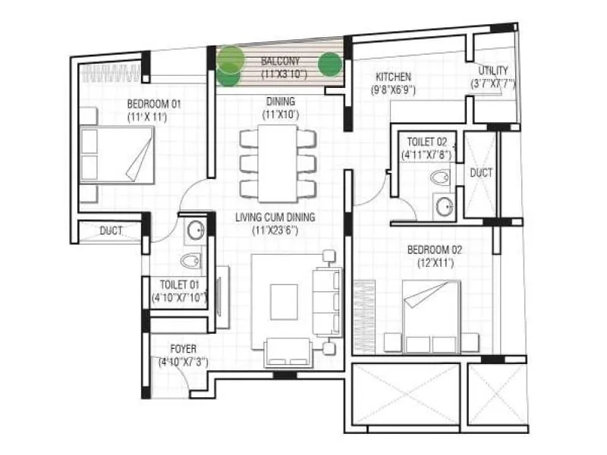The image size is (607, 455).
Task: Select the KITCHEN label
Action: [393, 77]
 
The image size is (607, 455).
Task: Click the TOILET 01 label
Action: [178, 285]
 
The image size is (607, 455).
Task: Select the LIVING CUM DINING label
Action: [275, 218]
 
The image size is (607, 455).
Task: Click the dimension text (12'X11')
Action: [435, 262]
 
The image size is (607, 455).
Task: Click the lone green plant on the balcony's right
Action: [329, 64]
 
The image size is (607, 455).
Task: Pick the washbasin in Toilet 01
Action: [193, 231]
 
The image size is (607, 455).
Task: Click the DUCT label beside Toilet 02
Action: [481, 173]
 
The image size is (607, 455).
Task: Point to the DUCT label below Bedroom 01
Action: [112, 231]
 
